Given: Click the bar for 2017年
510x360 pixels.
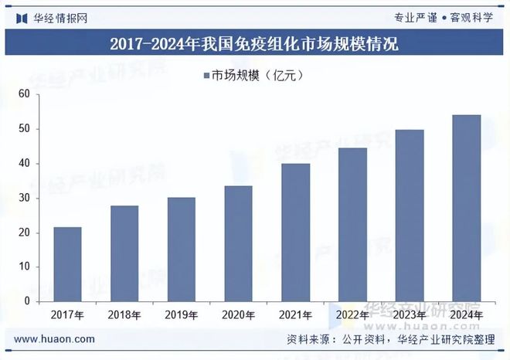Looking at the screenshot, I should click(x=67, y=263).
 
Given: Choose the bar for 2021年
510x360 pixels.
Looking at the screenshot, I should click(x=296, y=232).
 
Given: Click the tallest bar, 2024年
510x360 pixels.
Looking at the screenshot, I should click(x=467, y=208).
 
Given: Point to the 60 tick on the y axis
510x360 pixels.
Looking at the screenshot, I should click(x=24, y=94).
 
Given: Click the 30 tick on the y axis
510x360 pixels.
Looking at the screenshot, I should click(x=24, y=198).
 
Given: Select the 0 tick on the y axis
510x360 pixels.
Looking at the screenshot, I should click(x=26, y=301).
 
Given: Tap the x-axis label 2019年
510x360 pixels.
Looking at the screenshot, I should click(x=182, y=315).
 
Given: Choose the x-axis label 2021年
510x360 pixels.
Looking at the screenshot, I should click(x=296, y=315).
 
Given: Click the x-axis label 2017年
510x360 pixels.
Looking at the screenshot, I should click(x=67, y=315).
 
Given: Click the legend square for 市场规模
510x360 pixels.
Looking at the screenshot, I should click(x=206, y=75).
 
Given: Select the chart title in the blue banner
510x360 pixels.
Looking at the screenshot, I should click(x=254, y=43).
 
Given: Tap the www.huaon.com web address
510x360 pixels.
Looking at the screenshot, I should click(x=55, y=338).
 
